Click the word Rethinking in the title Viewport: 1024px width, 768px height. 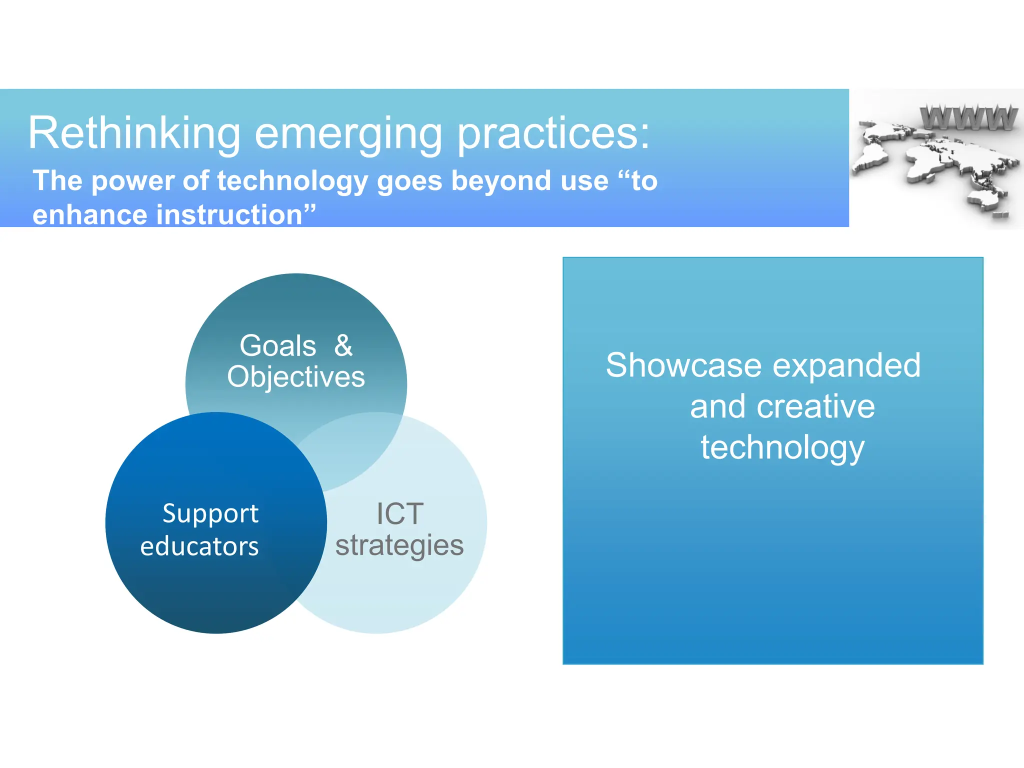point(134,133)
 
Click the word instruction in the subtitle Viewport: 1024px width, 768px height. point(230,214)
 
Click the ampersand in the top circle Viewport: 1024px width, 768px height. point(343,345)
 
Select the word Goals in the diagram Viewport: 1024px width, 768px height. point(278,345)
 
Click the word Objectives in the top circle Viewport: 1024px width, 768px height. point(296,377)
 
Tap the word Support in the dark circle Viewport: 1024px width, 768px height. point(210,514)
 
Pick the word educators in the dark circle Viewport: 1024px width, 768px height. point(199,546)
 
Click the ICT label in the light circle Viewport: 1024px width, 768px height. point(400,514)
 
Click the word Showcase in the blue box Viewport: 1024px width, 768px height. point(683,365)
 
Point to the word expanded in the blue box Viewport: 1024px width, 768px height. point(846,366)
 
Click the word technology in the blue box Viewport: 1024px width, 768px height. point(782,447)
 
